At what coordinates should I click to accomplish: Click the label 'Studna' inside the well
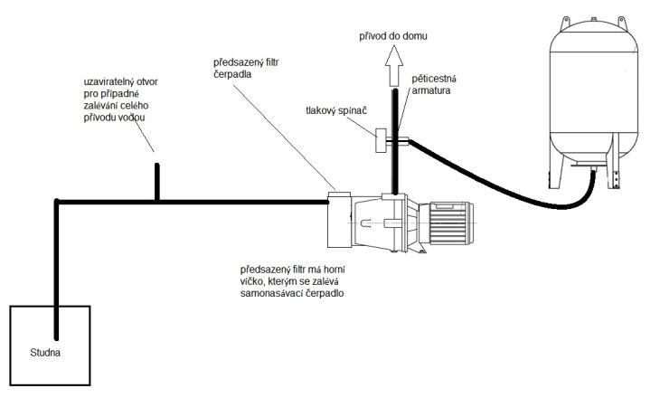tap(45, 353)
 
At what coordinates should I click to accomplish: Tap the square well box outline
tap(10, 346)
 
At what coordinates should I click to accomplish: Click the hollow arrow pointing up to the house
tap(394, 65)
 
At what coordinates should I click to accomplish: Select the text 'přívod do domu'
tap(393, 36)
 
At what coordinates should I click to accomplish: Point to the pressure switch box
tap(382, 140)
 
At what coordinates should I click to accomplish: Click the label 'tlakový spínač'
tap(336, 110)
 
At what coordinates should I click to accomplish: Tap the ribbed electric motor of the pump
tap(449, 223)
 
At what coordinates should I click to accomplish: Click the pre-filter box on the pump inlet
tap(339, 220)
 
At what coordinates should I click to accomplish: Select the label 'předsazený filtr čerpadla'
tap(246, 68)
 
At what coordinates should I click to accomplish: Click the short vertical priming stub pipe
tap(157, 182)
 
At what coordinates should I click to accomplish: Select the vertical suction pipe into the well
tap(56, 270)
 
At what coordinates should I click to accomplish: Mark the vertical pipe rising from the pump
tap(395, 141)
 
